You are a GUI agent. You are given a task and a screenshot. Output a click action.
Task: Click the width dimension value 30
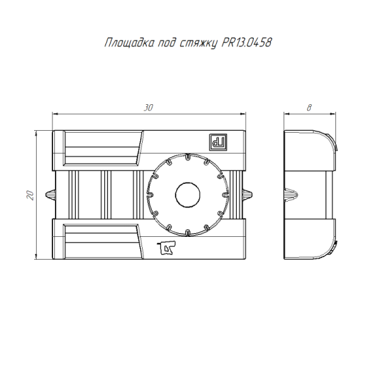tap(148, 107)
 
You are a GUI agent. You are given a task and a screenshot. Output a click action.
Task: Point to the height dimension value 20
tap(29, 195)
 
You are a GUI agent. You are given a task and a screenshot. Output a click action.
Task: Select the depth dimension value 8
tap(309, 107)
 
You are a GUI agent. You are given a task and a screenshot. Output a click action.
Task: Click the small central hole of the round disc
tap(186, 194)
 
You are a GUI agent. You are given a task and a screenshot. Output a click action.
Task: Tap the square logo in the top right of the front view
tap(219, 143)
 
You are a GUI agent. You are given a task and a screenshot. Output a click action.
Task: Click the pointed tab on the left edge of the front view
tap(50, 193)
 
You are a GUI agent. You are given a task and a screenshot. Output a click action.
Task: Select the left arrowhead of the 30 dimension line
tap(55, 114)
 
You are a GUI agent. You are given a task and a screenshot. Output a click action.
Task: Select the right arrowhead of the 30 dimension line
tap(243, 114)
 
